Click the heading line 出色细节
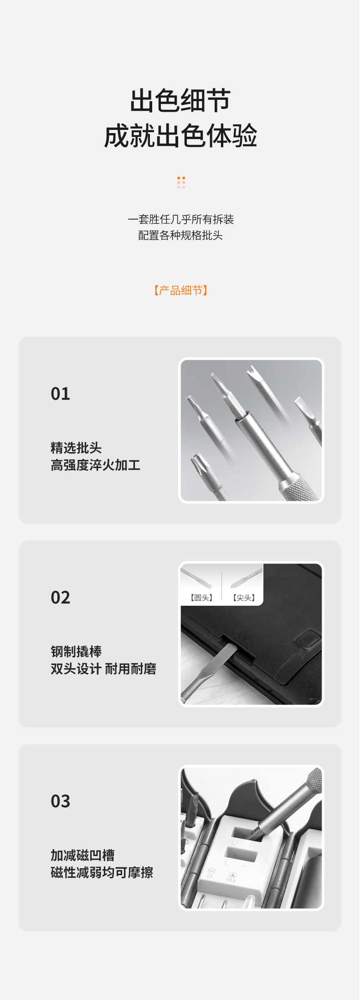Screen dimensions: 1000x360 tap(180, 101)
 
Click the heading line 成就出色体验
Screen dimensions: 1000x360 tap(180, 136)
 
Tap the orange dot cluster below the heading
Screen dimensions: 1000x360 tap(181, 182)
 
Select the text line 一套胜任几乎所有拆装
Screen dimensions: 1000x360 tap(180, 219)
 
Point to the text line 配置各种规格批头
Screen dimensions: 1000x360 tap(180, 235)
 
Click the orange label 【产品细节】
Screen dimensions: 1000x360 tap(180, 290)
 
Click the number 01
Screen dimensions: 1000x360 tap(61, 394)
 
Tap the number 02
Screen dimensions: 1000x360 tap(61, 598)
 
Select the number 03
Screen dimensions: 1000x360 tap(61, 801)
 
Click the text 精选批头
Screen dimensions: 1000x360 tap(76, 448)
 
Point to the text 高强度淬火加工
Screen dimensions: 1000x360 tap(95, 465)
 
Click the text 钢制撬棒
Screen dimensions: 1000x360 tap(76, 651)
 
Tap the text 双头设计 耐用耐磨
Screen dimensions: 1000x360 tap(103, 669)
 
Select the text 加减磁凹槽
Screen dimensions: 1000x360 tap(82, 855)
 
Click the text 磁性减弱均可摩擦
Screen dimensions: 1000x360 tap(102, 872)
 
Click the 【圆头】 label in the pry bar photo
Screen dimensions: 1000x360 tap(201, 598)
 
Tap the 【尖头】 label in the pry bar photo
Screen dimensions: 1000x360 tap(244, 598)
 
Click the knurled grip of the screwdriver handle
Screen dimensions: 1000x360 tap(298, 488)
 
